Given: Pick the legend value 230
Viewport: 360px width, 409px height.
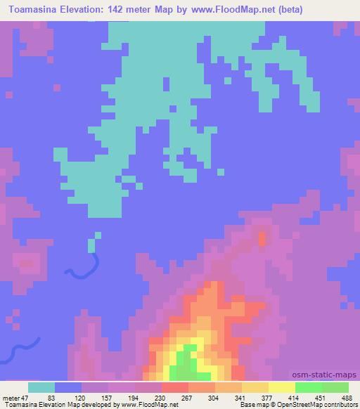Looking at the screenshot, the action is coord(162,397).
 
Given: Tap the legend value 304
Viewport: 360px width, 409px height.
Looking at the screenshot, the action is coord(214,397).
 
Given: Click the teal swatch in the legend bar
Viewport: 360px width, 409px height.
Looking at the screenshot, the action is coord(41,387).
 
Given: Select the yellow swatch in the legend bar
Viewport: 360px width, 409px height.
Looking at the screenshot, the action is coord(281,387).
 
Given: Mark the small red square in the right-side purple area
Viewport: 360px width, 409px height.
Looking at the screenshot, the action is coord(262,239).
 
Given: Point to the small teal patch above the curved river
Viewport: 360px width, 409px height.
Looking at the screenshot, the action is coord(91,245).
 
